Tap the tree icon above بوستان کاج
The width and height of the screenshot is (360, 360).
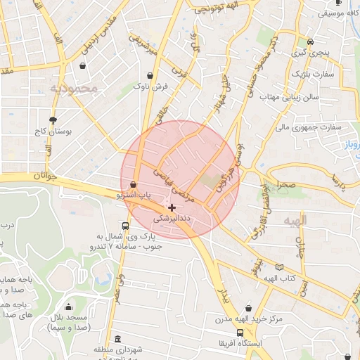(53, 120)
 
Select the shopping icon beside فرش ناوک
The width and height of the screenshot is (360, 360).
(150, 76)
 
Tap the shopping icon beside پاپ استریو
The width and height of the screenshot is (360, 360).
(134, 184)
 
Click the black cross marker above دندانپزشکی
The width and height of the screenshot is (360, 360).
(172, 207)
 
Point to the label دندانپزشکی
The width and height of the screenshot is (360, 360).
(172, 219)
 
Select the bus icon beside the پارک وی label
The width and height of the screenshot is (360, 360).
(125, 226)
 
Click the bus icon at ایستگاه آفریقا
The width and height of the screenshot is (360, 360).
(240, 333)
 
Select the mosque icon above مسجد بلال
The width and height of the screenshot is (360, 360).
(68, 307)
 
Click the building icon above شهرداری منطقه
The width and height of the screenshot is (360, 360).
(117, 340)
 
